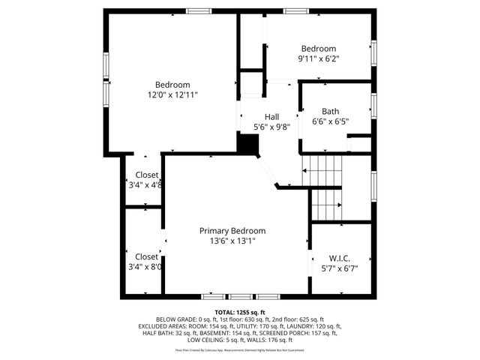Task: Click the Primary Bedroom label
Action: (232, 231)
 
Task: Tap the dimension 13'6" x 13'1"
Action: (232, 241)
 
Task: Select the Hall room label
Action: (271, 117)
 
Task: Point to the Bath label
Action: (330, 111)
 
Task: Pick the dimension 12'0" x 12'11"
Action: (172, 95)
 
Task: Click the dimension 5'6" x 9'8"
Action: (271, 127)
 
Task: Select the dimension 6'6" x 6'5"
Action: (330, 121)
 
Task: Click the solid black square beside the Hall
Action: (247, 143)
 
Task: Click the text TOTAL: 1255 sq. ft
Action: (240, 312)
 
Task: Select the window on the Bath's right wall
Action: (373, 105)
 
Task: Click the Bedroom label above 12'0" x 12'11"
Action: (172, 84)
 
